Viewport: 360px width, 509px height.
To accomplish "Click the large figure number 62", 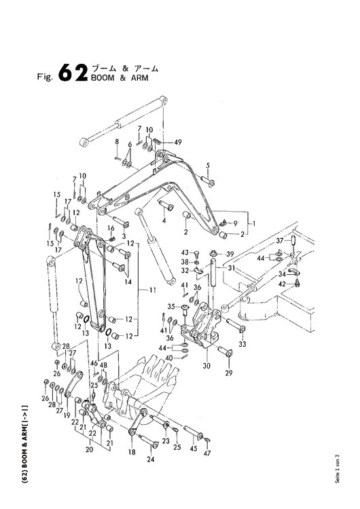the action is (73, 72).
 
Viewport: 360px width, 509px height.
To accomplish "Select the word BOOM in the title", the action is (103, 78).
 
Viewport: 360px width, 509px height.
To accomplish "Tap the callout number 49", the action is (178, 142).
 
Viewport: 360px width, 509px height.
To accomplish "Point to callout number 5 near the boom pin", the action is (208, 166).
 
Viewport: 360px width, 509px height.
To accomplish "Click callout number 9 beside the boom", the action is (235, 223).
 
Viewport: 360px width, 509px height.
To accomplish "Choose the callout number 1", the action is (254, 223).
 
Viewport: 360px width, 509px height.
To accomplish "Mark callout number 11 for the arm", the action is (152, 290).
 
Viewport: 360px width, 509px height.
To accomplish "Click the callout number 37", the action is (280, 240).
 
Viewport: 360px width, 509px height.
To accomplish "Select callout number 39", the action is (230, 254).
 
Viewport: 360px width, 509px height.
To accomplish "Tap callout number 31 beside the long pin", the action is (232, 268).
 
